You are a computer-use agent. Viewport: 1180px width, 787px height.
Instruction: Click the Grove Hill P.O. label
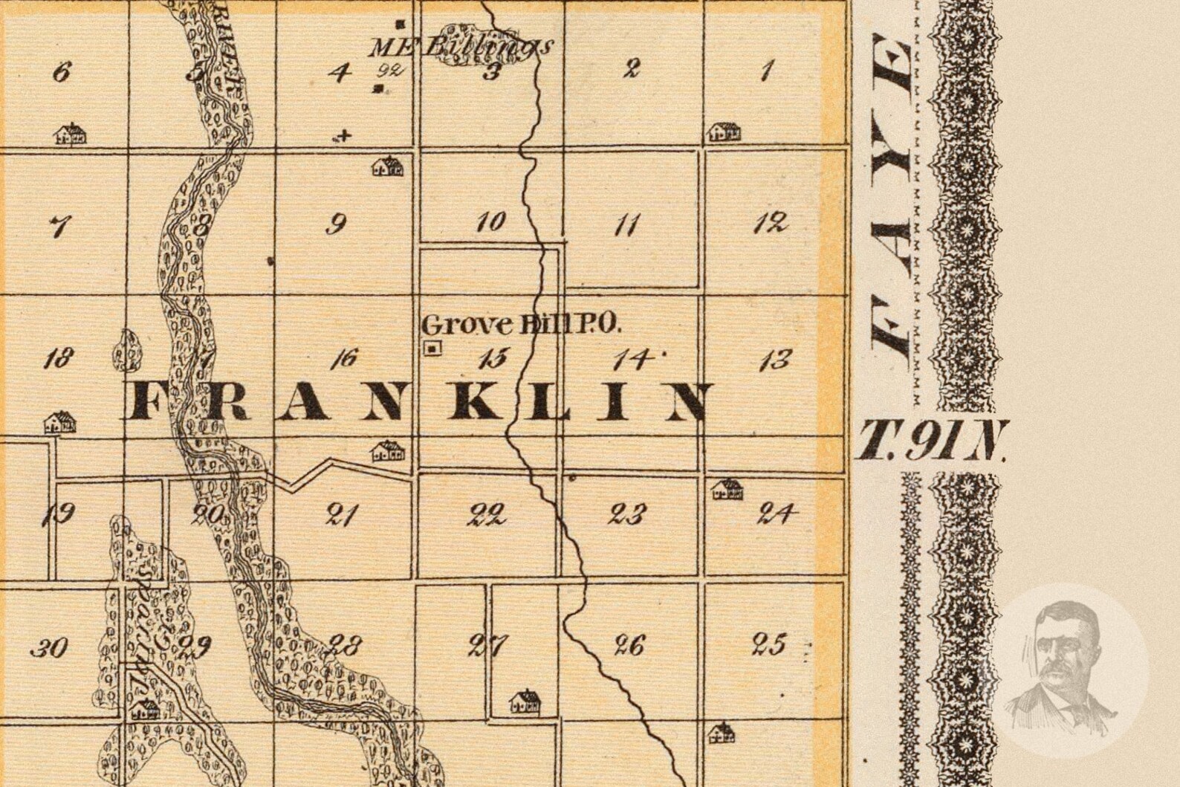pyautogui.click(x=520, y=324)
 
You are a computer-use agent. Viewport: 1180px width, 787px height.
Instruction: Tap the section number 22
pyautogui.click(x=487, y=514)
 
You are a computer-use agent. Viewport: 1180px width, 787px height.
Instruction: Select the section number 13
pyautogui.click(x=774, y=361)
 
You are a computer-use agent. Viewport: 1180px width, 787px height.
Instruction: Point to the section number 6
pyautogui.click(x=62, y=72)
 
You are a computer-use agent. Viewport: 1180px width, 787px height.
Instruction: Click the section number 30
pyautogui.click(x=50, y=648)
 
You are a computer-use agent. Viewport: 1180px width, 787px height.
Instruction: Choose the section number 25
pyautogui.click(x=768, y=644)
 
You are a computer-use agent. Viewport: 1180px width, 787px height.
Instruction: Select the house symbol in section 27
pyautogui.click(x=525, y=701)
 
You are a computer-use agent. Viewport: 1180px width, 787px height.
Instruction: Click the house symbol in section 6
pyautogui.click(x=71, y=134)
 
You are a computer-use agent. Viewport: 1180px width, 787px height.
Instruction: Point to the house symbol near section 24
pyautogui.click(x=727, y=489)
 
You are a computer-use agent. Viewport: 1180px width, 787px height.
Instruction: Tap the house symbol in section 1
pyautogui.click(x=724, y=132)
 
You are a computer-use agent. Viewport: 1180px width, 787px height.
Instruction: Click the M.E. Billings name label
pyautogui.click(x=461, y=46)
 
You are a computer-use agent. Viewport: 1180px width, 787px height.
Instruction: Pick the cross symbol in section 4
pyautogui.click(x=343, y=135)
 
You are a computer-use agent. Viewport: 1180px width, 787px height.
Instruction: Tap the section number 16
pyautogui.click(x=344, y=359)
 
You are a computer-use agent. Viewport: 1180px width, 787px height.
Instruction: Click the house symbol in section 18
pyautogui.click(x=60, y=423)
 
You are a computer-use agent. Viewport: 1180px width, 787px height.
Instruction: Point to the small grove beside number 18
pyautogui.click(x=127, y=351)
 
